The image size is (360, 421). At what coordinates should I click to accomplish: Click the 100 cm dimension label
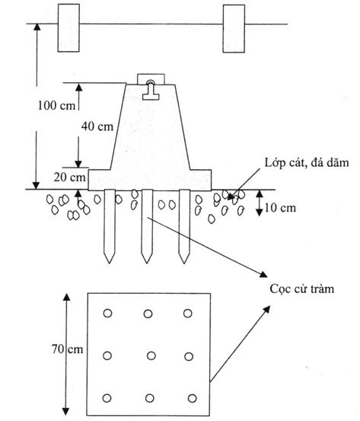(56, 105)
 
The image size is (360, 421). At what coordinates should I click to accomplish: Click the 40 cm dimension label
(97, 126)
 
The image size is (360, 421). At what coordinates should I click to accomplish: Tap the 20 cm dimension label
(69, 177)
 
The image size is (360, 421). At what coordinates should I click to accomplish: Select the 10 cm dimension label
(280, 208)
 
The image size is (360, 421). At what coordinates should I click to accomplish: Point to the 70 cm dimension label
(68, 349)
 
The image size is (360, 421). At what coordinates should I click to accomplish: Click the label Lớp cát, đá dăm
(307, 163)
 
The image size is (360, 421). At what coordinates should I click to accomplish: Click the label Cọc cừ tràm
(301, 289)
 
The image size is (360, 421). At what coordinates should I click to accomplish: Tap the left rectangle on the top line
(68, 28)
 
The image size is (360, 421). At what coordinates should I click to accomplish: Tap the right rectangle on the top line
(234, 28)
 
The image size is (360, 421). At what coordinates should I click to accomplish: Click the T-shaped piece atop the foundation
(151, 91)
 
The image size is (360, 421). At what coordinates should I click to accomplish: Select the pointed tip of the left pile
(110, 263)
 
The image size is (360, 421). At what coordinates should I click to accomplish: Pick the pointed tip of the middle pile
(147, 263)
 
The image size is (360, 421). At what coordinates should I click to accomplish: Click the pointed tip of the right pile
(184, 263)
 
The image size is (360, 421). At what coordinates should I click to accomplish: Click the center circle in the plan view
(151, 356)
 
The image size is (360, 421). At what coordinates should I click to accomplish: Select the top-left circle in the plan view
(107, 313)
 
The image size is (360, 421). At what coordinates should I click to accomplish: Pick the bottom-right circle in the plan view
(193, 398)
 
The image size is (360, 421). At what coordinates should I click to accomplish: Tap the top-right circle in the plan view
(188, 313)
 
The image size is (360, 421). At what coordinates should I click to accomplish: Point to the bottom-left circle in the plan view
(107, 398)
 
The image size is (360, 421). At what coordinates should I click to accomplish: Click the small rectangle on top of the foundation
(151, 79)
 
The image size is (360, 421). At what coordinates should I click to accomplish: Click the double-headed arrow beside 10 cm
(259, 203)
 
